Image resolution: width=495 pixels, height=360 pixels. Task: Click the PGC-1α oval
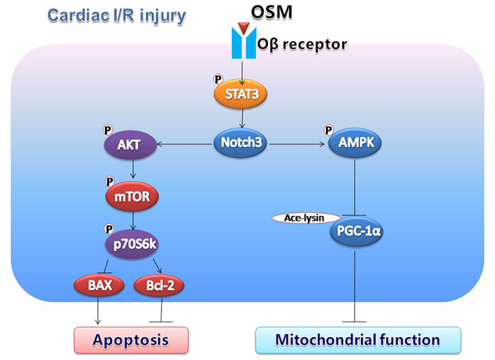[x=356, y=233]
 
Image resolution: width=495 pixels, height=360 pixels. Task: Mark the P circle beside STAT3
[x=219, y=80]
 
